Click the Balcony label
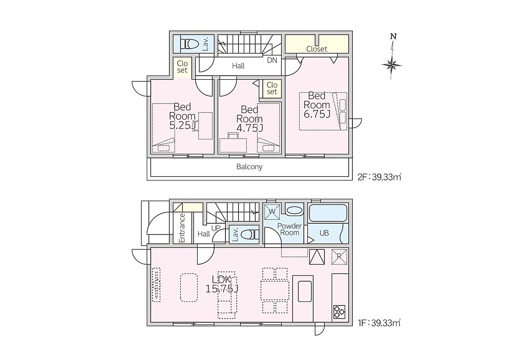[249, 167]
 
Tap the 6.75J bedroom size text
[317, 114]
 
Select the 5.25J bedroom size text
[183, 125]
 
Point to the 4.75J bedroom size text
[250, 128]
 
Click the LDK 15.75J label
[222, 284]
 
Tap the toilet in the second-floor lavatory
[189, 44]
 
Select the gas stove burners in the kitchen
[339, 312]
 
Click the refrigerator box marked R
[339, 256]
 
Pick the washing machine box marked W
[272, 211]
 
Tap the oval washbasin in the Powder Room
[294, 210]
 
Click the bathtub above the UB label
[328, 213]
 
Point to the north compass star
[392, 65]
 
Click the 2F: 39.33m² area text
[379, 177]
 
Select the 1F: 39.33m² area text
[379, 323]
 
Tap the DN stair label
[272, 60]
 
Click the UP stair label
[216, 228]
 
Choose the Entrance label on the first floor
[182, 228]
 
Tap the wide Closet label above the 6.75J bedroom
[317, 49]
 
